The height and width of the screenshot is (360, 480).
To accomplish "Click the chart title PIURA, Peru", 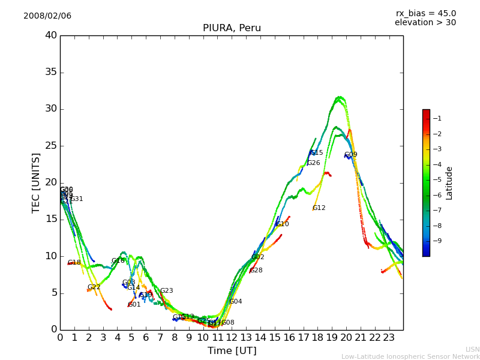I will (232, 28).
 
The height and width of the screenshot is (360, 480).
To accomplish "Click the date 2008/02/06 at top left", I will (47, 16).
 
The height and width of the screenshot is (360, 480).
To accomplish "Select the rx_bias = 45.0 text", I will (426, 14).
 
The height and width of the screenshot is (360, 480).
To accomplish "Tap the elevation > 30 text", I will (425, 23).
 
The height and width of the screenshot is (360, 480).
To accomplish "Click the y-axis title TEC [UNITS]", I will (36, 182).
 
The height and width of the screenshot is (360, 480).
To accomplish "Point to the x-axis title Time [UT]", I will (232, 350).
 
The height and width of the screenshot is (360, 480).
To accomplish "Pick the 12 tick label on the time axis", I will (232, 337).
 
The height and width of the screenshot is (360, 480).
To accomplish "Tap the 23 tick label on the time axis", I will (389, 337).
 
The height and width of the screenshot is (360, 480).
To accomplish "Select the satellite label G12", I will (319, 208).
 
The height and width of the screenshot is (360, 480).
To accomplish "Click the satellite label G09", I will (351, 155).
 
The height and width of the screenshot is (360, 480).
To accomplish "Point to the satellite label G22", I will (94, 287).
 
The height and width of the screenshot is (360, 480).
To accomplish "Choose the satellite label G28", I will (256, 271).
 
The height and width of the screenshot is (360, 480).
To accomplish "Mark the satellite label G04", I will (236, 302).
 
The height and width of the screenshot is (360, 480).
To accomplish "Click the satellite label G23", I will (166, 291).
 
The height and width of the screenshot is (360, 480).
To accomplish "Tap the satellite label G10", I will (283, 224).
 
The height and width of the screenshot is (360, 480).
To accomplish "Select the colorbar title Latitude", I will (449, 182).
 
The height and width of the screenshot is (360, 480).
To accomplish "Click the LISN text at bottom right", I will (473, 349).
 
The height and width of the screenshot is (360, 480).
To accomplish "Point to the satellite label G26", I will (314, 163).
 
